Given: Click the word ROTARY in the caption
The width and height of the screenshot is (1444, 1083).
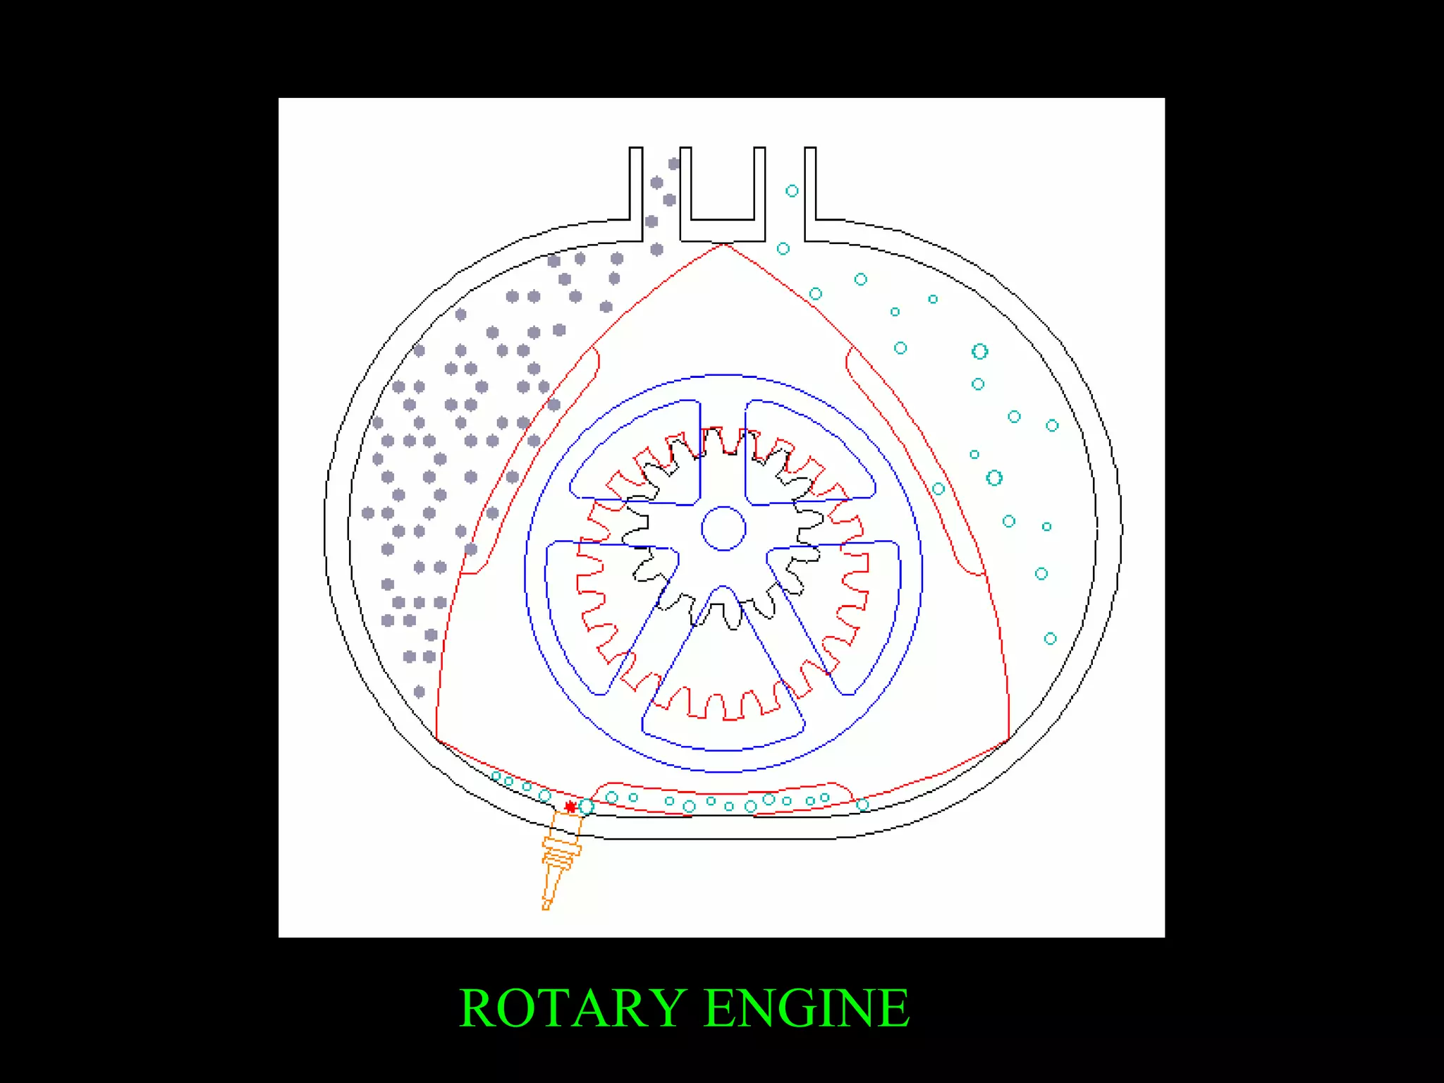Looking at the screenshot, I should pyautogui.click(x=573, y=1008).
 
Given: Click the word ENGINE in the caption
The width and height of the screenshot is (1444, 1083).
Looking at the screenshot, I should pyautogui.click(x=807, y=1008).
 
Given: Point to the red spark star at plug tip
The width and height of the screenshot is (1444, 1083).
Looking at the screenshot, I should pyautogui.click(x=570, y=807).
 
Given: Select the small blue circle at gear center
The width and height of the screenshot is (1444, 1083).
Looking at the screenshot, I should pyautogui.click(x=723, y=528).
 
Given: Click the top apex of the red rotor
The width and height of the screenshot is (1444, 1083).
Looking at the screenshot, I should pyautogui.click(x=724, y=245).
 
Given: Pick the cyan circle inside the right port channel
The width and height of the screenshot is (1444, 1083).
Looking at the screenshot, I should pyautogui.click(x=792, y=191).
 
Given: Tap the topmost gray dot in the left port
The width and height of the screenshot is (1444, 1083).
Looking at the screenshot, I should pyautogui.click(x=674, y=164).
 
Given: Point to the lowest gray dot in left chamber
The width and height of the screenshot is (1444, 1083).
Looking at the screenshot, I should pyautogui.click(x=420, y=692).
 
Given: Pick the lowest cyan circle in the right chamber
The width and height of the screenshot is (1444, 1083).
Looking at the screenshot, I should pyautogui.click(x=1050, y=639).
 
